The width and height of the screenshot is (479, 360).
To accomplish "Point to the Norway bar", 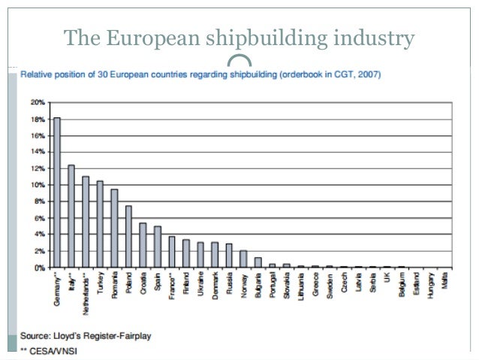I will point(243,259).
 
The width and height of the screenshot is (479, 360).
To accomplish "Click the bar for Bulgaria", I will point(258,263).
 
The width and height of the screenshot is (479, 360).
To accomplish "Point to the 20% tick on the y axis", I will point(36,102).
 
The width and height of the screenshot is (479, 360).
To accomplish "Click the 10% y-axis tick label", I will point(36,185).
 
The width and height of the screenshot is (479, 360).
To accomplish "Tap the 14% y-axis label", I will point(36,152).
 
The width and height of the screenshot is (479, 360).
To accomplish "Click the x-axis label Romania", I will point(114,285).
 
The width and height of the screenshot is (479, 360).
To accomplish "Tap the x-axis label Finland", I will point(186,283).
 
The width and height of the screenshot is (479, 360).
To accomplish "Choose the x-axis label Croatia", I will point(143,283).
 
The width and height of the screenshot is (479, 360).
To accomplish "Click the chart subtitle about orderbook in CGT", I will point(200,74).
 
